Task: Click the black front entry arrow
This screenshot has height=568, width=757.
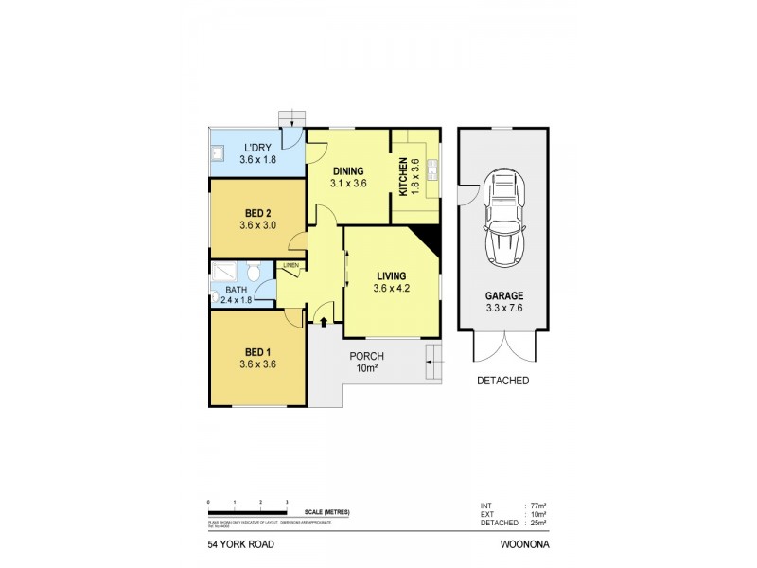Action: [325, 323]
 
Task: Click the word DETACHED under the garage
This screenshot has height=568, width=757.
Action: [502, 381]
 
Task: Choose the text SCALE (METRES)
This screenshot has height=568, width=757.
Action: [322, 512]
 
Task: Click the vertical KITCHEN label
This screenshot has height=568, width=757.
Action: [402, 176]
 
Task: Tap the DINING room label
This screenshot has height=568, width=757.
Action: [347, 170]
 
